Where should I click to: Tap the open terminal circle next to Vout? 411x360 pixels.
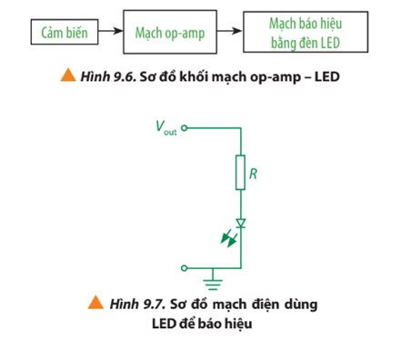[185, 128]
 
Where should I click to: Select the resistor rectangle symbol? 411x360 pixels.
[240, 172]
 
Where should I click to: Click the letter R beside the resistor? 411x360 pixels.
[254, 170]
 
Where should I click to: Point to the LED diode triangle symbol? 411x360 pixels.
[240, 223]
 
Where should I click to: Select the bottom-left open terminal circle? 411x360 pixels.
[185, 268]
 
